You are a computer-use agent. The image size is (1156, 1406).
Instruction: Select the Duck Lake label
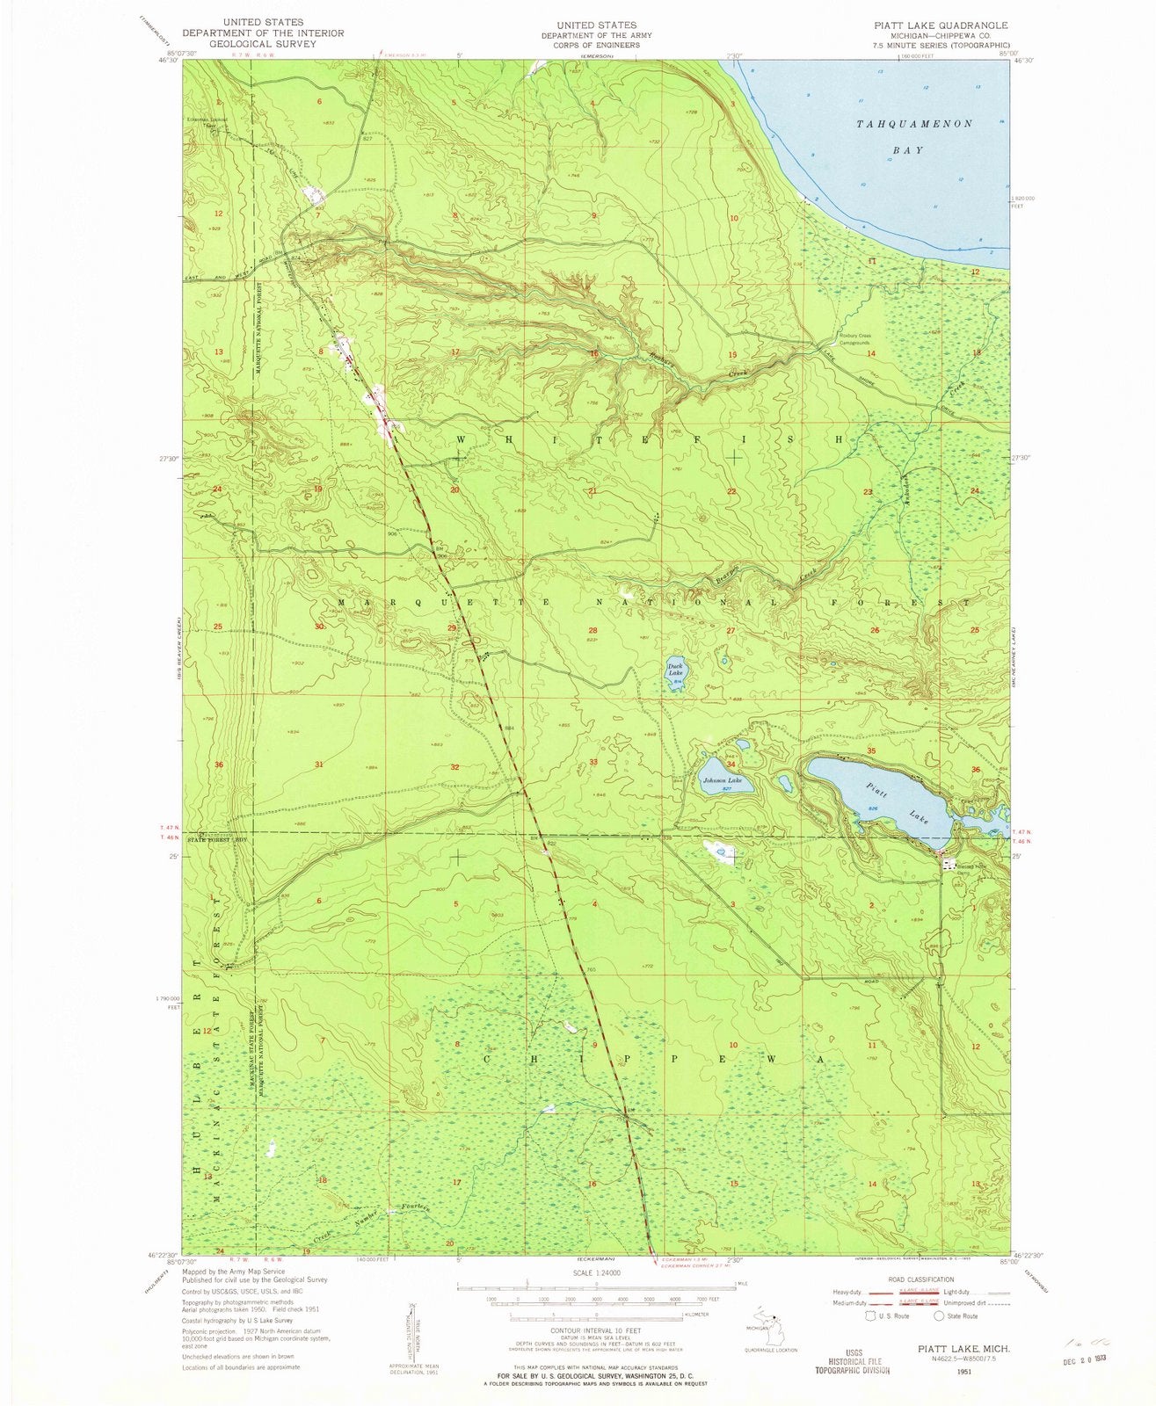click(x=675, y=670)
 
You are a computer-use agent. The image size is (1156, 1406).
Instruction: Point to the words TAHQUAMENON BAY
click(x=913, y=136)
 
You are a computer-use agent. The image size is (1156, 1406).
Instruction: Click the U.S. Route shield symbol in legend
click(x=870, y=1316)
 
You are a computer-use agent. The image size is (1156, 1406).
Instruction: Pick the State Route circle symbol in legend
click(x=938, y=1316)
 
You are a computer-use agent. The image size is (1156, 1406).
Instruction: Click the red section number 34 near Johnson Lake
click(x=731, y=765)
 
